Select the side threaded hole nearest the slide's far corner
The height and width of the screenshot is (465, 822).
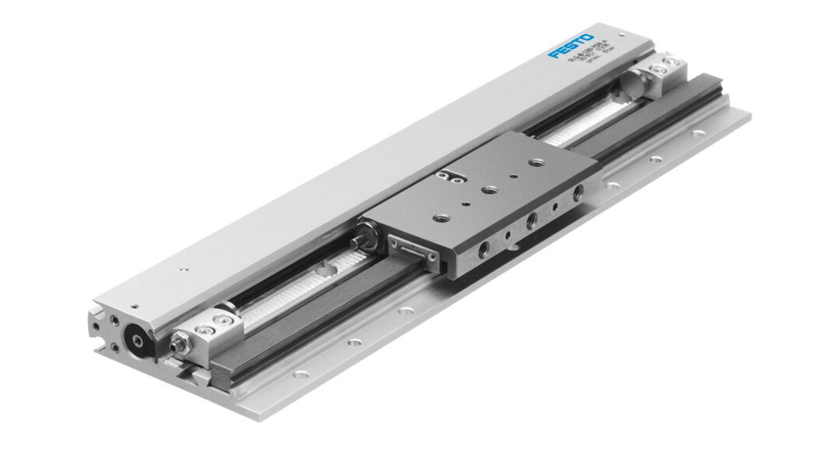577,192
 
